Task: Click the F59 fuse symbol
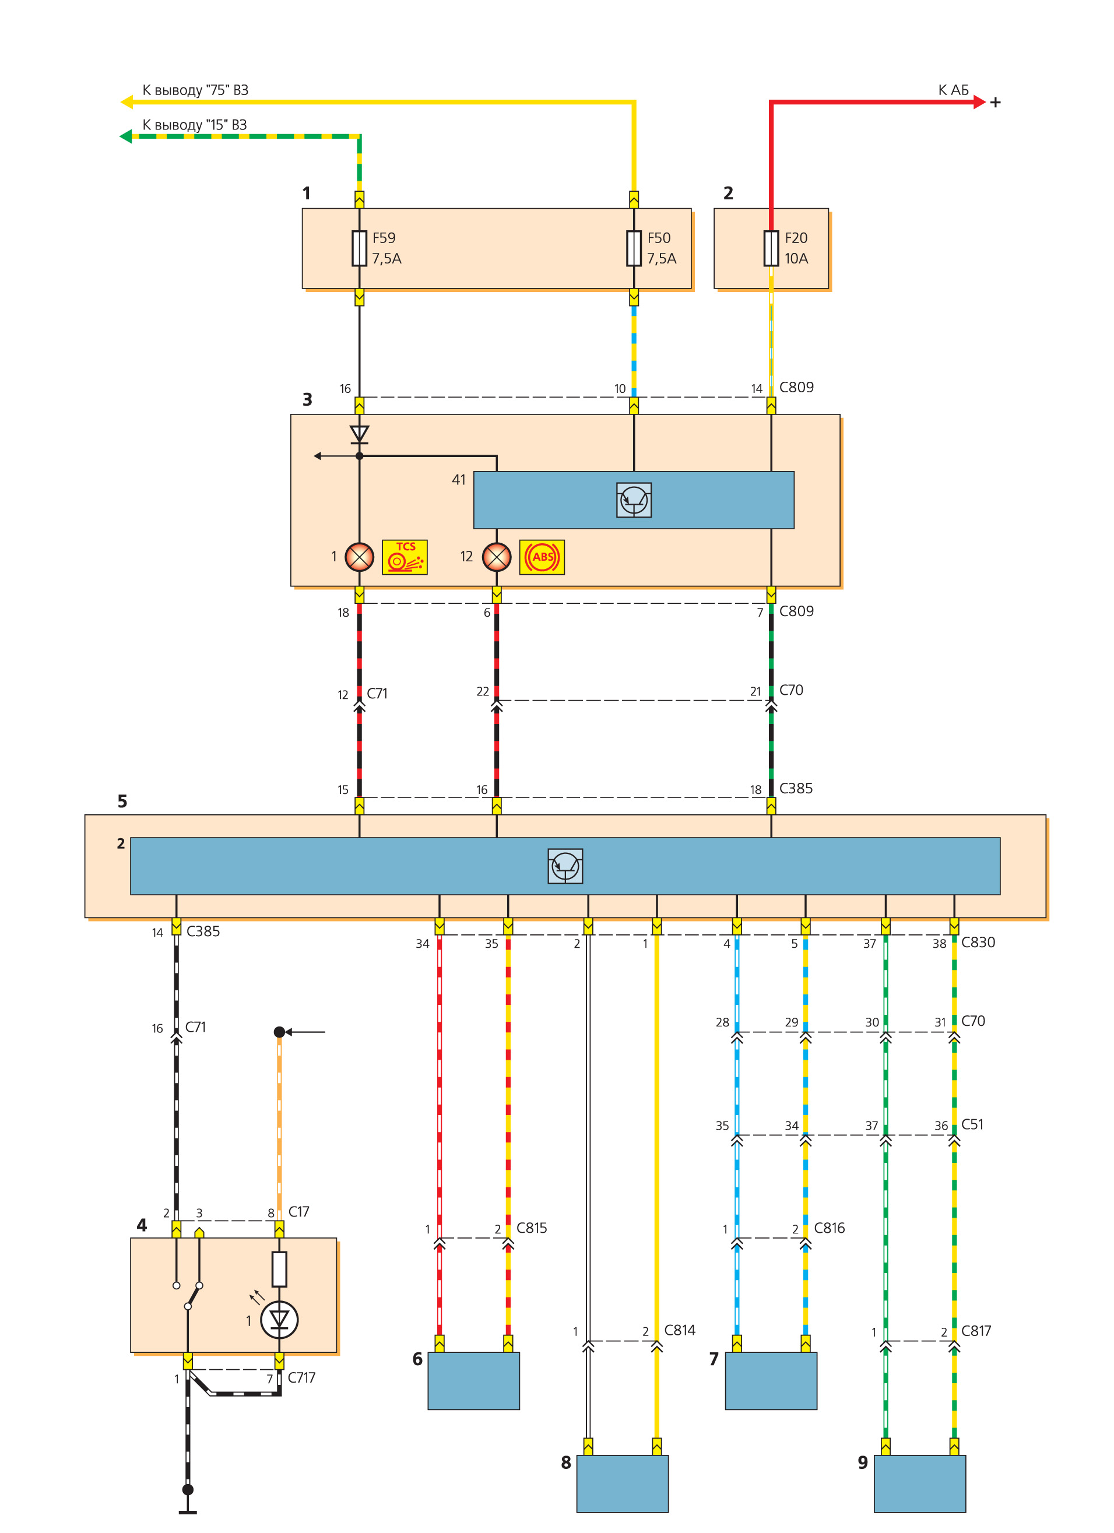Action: [359, 248]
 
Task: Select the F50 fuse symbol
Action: [634, 248]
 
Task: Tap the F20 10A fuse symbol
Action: [771, 248]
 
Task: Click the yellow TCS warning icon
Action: [404, 557]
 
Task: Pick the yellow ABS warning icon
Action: [542, 557]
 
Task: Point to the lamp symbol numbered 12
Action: [496, 557]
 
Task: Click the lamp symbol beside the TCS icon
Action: [359, 557]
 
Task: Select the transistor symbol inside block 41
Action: [634, 500]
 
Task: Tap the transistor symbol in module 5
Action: [565, 866]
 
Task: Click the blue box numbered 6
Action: [473, 1380]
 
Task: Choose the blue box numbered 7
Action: [771, 1380]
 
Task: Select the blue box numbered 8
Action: [622, 1483]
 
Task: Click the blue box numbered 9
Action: [919, 1483]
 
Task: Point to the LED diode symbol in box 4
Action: [279, 1320]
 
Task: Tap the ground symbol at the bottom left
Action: [188, 1511]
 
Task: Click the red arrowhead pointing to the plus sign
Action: [978, 102]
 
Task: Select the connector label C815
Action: [531, 1228]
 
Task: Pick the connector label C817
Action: [975, 1331]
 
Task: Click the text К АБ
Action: [953, 90]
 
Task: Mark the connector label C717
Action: [301, 1377]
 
